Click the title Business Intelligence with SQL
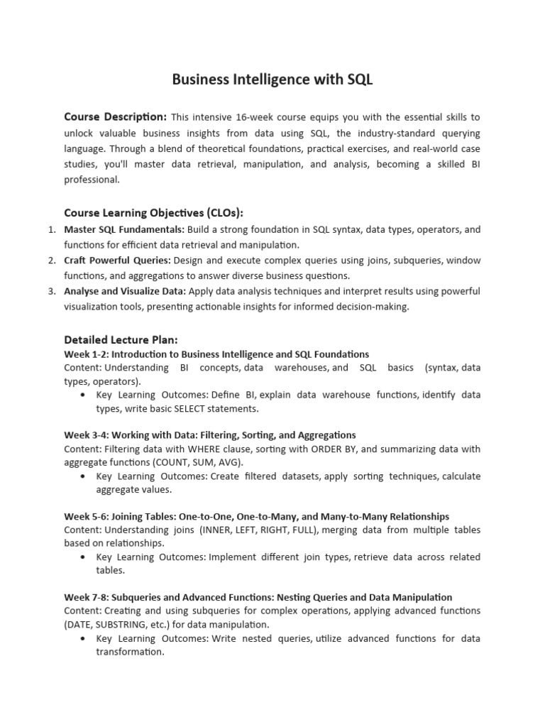coord(272,80)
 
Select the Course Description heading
coord(115,116)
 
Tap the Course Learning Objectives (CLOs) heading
coord(154,212)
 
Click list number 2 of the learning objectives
coord(52,261)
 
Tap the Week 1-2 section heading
coord(216,354)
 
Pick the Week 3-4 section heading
coord(210,434)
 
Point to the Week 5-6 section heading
coord(256,516)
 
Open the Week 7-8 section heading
coord(258,597)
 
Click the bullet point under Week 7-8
coord(85,639)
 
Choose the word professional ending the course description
coord(92,180)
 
